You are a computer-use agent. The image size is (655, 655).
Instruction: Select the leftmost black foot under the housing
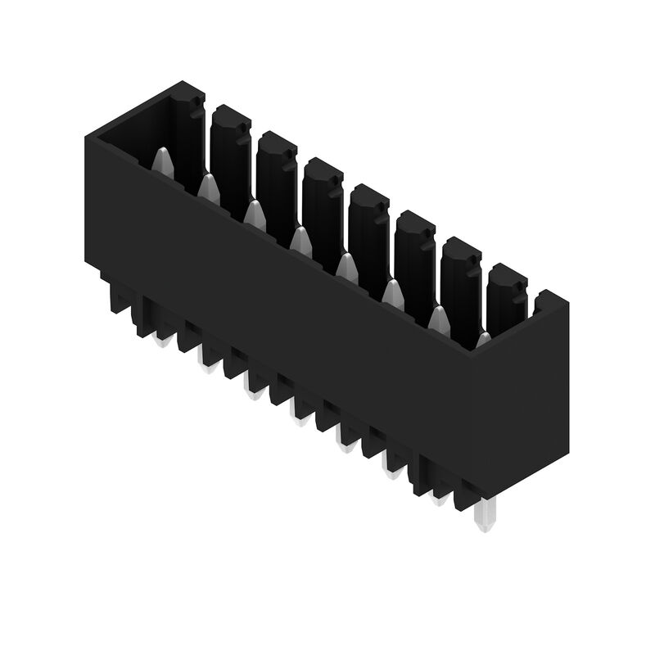[115, 299]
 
